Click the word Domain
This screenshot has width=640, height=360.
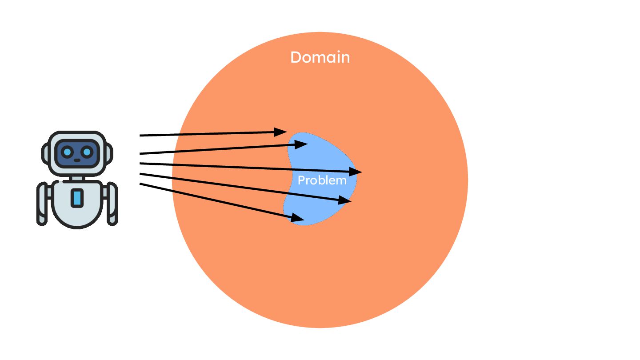pos(320,58)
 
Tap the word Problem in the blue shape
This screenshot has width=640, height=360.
pos(322,180)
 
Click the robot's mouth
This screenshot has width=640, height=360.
pos(77,160)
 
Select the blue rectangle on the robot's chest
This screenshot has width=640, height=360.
pos(77,198)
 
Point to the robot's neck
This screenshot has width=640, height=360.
pos(77,178)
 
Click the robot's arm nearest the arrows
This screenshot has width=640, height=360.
pos(112,203)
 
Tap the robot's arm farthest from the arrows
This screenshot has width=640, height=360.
pos(42,203)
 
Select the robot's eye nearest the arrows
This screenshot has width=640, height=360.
pos(87,152)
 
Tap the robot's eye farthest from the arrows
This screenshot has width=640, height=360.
pos(67,152)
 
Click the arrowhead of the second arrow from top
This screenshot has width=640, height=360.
pos(301,144)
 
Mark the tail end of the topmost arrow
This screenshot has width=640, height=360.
pos(141,135)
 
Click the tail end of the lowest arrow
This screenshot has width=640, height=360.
pos(141,184)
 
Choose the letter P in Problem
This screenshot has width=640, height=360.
pos(301,180)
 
